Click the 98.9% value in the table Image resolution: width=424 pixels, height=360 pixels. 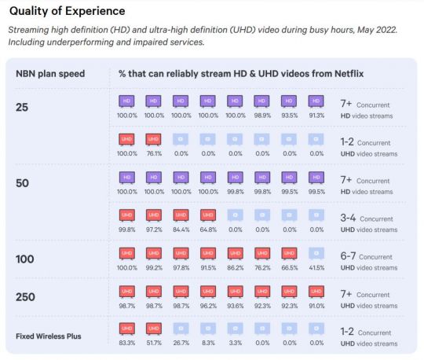(262, 115)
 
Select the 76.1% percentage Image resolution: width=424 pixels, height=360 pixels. (153, 153)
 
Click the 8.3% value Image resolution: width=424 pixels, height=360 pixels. (207, 343)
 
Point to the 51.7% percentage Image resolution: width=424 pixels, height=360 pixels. (153, 343)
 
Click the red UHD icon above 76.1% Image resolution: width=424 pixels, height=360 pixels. (153, 139)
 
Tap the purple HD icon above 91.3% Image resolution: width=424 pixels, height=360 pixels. (316, 101)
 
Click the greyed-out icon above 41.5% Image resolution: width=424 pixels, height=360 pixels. (316, 253)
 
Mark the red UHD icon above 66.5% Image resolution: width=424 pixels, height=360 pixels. (289, 253)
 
